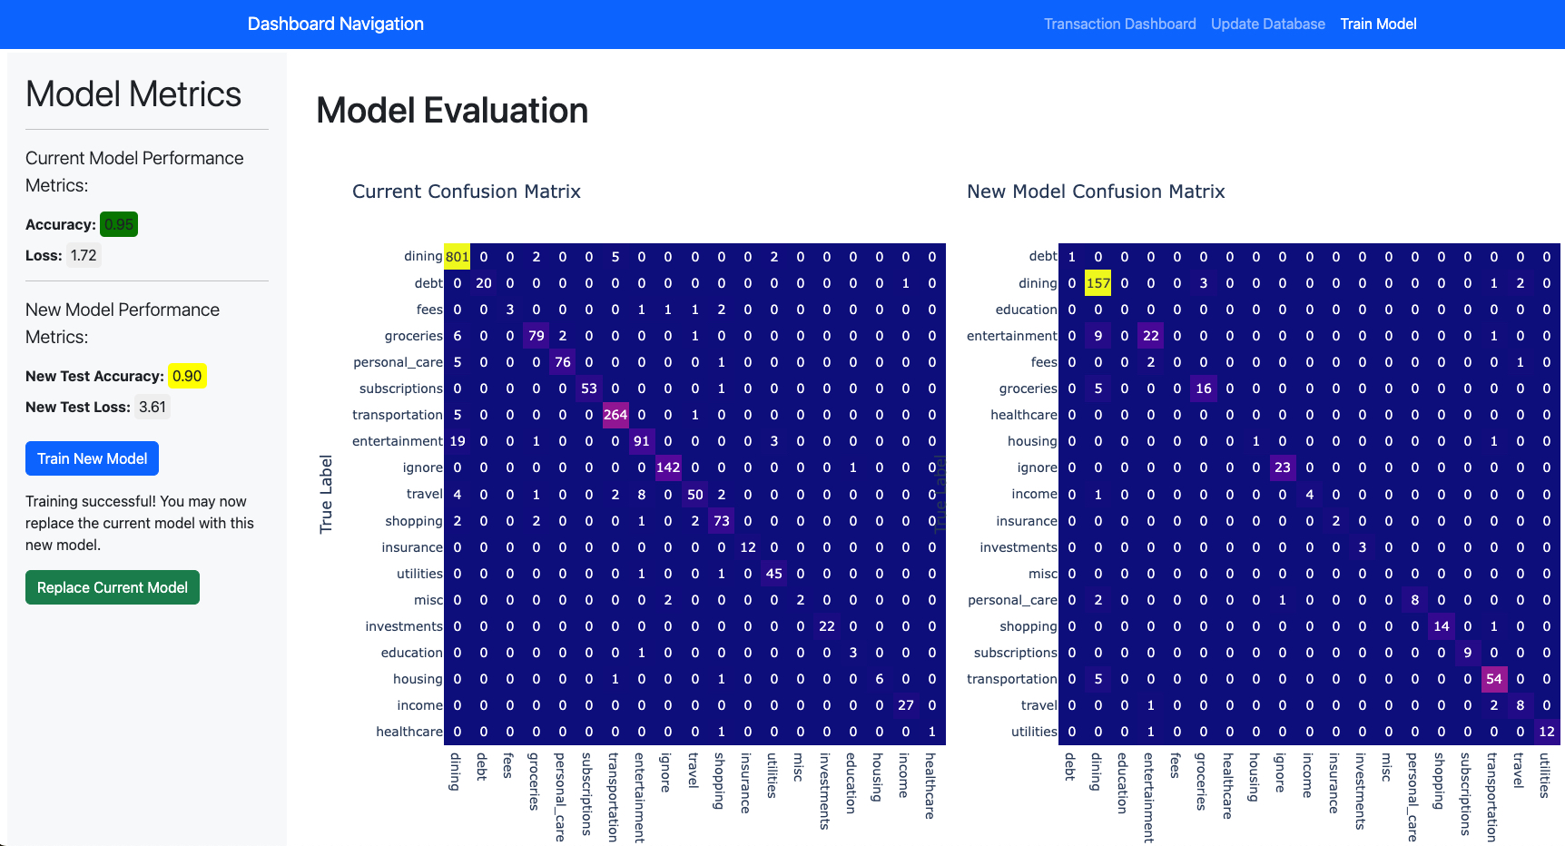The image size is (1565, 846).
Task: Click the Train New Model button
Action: pyautogui.click(x=92, y=458)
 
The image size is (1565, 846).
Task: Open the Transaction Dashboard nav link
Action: pyautogui.click(x=1119, y=25)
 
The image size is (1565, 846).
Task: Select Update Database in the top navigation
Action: pyautogui.click(x=1267, y=25)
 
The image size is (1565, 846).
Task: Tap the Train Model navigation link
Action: pyautogui.click(x=1378, y=25)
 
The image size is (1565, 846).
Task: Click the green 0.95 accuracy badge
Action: pyautogui.click(x=119, y=224)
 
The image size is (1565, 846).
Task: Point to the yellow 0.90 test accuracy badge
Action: pyautogui.click(x=187, y=376)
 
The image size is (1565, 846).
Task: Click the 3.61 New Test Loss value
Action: pyautogui.click(x=153, y=407)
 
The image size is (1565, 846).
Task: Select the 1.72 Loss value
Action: pyautogui.click(x=84, y=255)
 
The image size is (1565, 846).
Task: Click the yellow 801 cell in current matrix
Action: pyautogui.click(x=458, y=257)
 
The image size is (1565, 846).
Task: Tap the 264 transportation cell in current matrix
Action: pyautogui.click(x=615, y=415)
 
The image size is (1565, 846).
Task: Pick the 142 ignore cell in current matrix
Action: pyautogui.click(x=668, y=467)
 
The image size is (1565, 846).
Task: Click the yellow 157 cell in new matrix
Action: pyautogui.click(x=1098, y=283)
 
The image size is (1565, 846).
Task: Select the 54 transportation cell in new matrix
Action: pyautogui.click(x=1494, y=679)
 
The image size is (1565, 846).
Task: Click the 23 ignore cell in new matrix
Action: pyautogui.click(x=1283, y=467)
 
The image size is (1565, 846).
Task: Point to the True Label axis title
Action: pyautogui.click(x=326, y=494)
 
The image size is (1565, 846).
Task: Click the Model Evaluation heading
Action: pyautogui.click(x=452, y=111)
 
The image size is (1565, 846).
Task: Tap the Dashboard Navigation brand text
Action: pyautogui.click(x=336, y=25)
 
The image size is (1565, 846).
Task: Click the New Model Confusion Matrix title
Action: pyautogui.click(x=1096, y=192)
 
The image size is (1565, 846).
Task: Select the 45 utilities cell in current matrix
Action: pyautogui.click(x=774, y=574)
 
